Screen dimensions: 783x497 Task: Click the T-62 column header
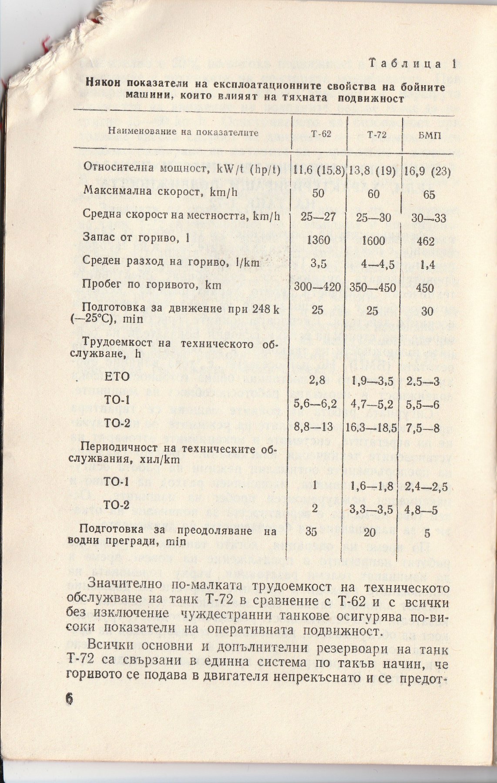pos(321,134)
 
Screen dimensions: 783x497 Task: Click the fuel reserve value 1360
pos(318,240)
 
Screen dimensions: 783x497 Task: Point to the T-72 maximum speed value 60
pos(373,194)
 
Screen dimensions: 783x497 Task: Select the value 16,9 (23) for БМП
pos(428,171)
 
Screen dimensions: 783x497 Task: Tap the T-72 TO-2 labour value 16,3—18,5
pos(371,428)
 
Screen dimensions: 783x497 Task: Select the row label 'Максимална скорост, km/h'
pos(160,191)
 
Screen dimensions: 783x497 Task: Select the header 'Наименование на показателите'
pos(183,132)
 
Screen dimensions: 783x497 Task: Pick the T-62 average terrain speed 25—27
pos(318,217)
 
